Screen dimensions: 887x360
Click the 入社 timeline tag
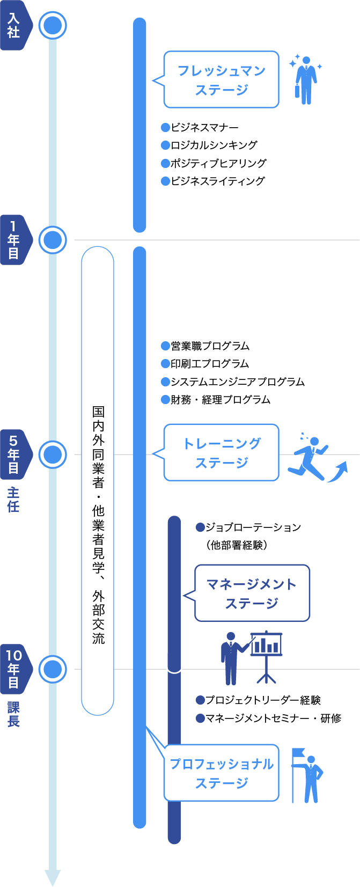click(x=14, y=25)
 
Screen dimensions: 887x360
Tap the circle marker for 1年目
click(x=53, y=240)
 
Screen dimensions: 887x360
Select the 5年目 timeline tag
click(x=14, y=455)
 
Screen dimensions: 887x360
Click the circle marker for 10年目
click(x=53, y=669)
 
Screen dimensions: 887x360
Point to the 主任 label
click(x=13, y=499)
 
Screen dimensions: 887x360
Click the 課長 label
click(x=13, y=714)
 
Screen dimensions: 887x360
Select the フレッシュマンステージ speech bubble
click(x=221, y=80)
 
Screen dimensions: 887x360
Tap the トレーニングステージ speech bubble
click(x=221, y=453)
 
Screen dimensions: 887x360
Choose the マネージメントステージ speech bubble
click(x=252, y=593)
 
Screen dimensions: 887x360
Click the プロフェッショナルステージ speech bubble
click(x=221, y=773)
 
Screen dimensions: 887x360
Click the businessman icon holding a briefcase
click(x=305, y=79)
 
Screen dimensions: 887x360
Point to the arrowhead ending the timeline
click(x=53, y=877)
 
